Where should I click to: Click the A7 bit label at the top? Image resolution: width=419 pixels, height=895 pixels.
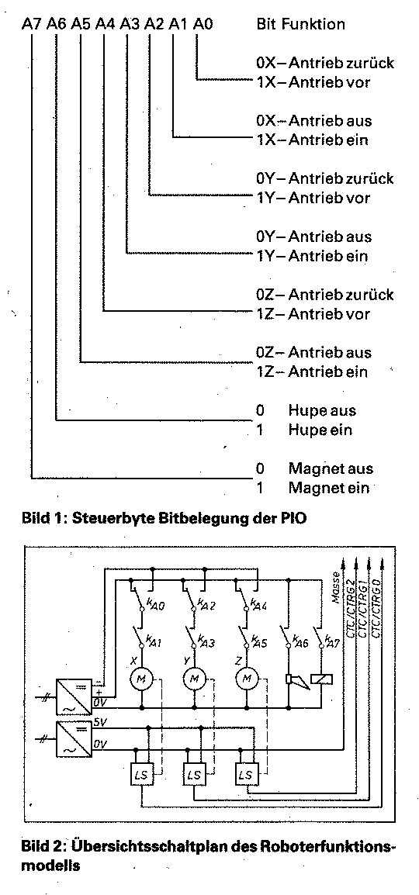32,25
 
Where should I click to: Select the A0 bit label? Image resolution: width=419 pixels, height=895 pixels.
203,25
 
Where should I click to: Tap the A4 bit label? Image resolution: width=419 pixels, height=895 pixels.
105,25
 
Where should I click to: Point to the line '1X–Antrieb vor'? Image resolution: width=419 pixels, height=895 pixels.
313,82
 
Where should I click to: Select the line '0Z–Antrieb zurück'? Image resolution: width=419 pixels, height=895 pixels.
325,295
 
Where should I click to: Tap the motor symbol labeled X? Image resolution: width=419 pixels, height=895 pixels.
140,678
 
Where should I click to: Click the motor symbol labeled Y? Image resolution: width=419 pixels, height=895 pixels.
194,678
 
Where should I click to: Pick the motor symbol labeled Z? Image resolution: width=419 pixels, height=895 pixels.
247,678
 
